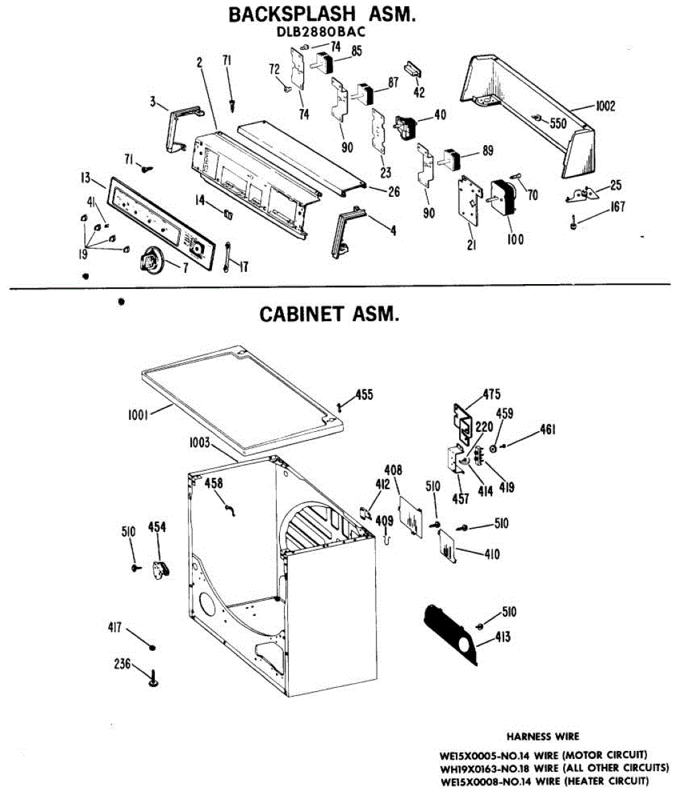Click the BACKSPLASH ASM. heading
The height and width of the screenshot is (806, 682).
[322, 15]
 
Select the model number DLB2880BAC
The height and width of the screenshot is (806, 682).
[322, 32]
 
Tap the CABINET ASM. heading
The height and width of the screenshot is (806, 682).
[329, 314]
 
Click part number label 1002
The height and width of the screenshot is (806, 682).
[604, 106]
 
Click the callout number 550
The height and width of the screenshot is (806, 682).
[558, 123]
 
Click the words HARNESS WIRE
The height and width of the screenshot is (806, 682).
[543, 737]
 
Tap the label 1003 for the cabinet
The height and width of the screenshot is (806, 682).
[199, 443]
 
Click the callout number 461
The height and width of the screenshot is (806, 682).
[547, 430]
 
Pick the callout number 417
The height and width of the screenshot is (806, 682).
[115, 628]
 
